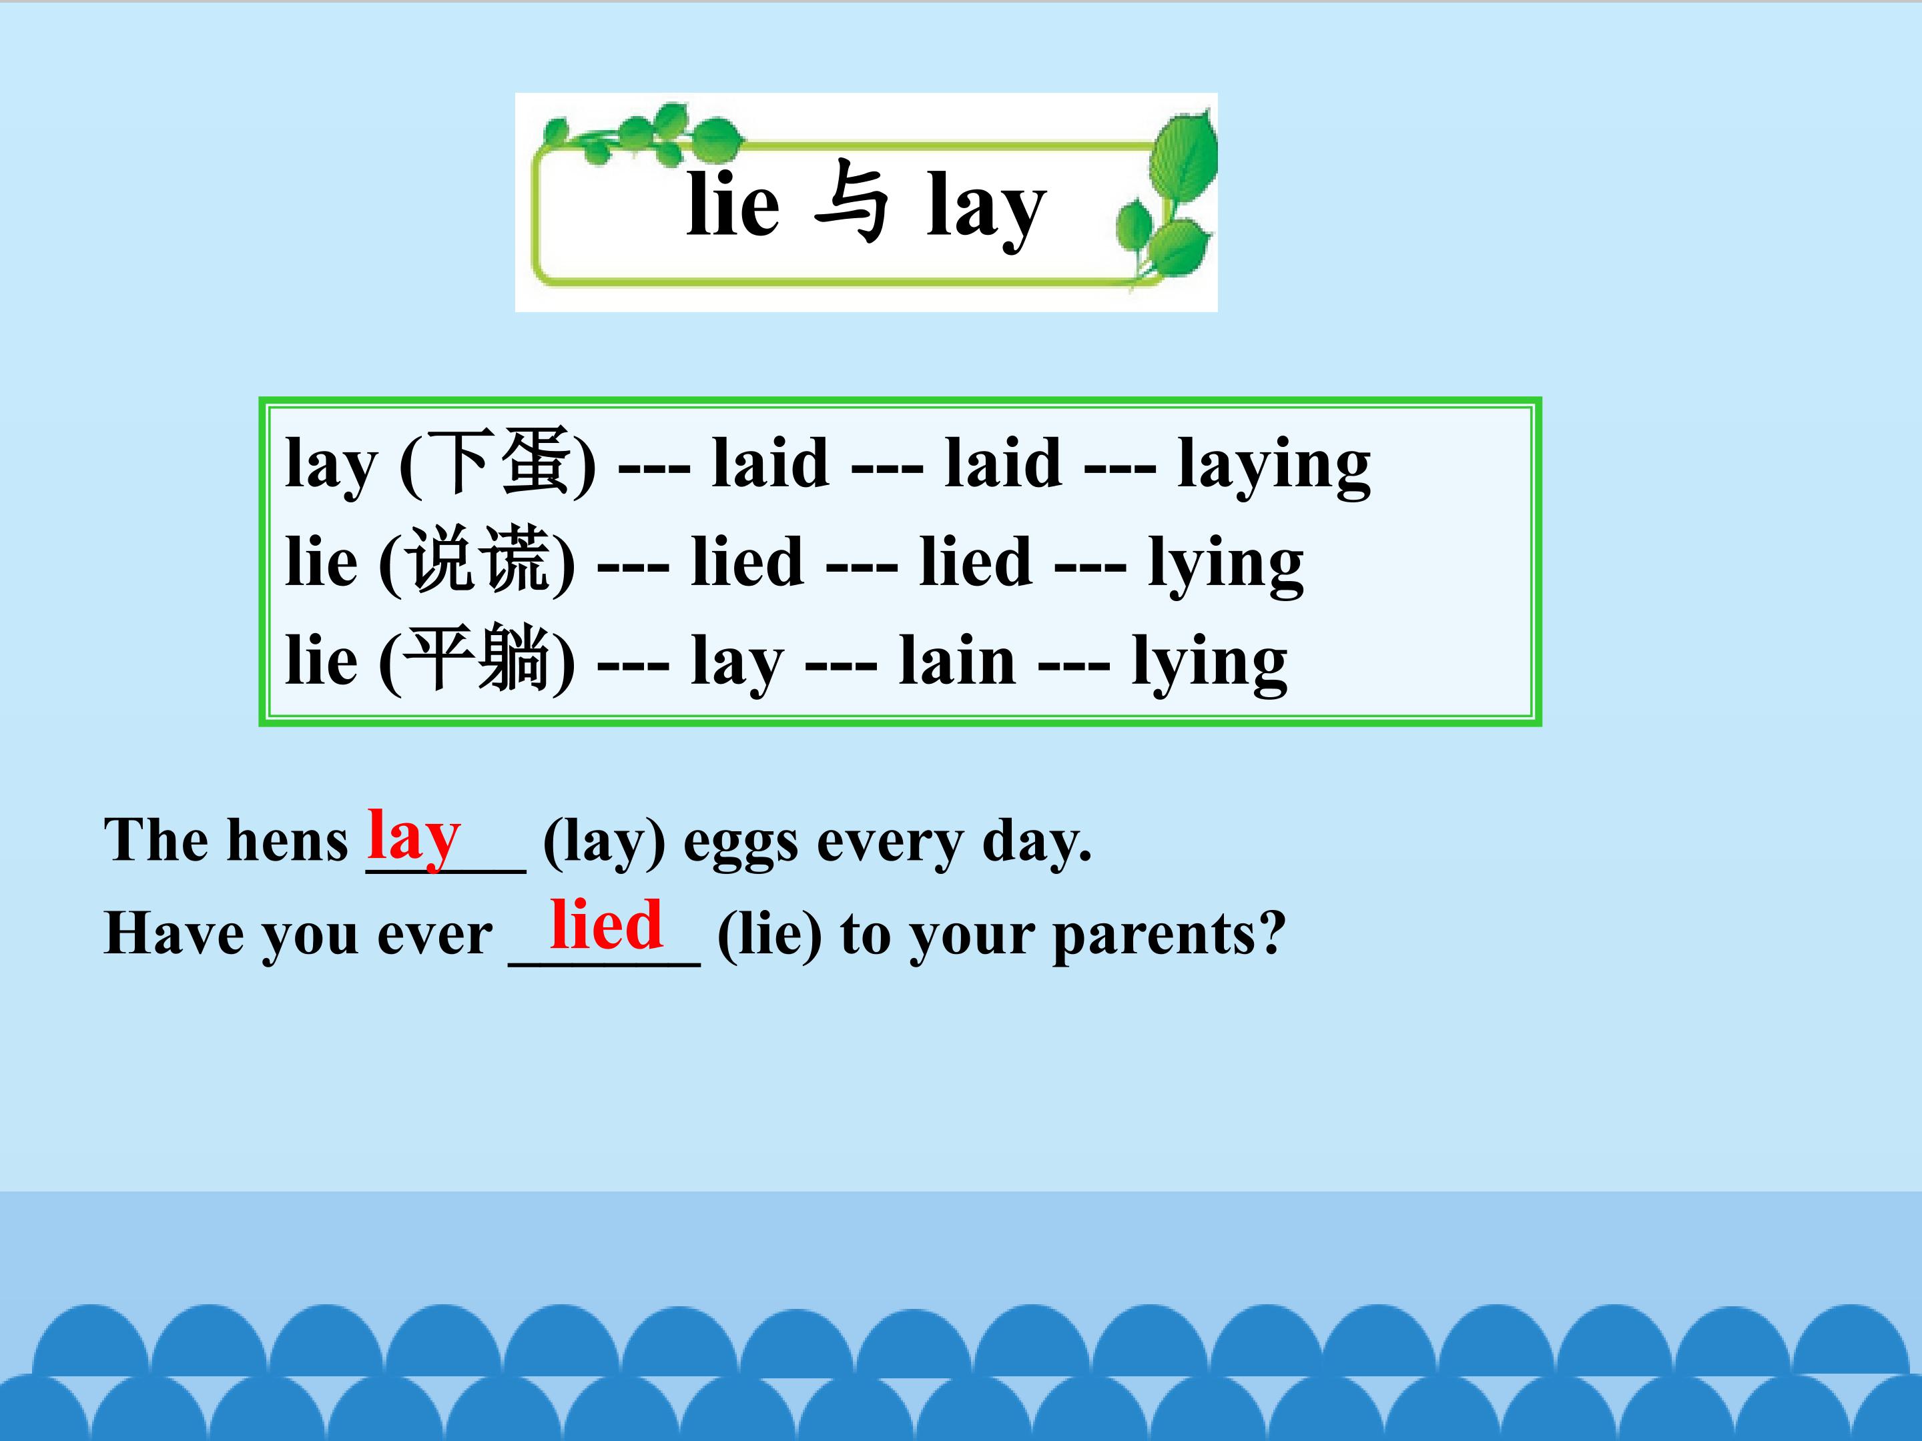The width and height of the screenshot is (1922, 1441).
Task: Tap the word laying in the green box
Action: pos(1273,466)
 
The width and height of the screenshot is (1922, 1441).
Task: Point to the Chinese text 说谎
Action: pos(477,562)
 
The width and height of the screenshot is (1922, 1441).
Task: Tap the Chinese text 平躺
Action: pos(477,660)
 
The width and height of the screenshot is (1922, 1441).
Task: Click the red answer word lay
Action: pos(414,836)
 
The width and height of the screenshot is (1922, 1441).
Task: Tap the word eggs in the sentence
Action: pos(740,845)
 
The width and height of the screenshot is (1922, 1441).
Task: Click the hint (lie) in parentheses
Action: pos(769,935)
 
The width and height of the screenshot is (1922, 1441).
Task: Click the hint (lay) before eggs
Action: pos(604,843)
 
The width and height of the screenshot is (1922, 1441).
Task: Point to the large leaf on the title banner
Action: pos(1183,161)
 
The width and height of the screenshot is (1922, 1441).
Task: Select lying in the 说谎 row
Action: pos(1225,564)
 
